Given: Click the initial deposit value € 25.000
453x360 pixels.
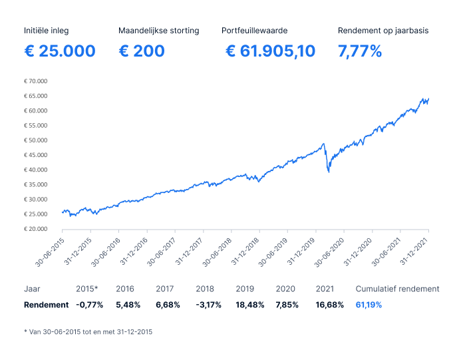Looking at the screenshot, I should (59, 51).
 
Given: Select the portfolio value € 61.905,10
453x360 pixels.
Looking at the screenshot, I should (270, 51).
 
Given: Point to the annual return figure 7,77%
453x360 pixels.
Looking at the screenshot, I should (360, 51).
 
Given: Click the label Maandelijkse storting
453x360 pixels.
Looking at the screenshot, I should (158, 31).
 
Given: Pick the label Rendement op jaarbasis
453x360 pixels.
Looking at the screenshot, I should (383, 31).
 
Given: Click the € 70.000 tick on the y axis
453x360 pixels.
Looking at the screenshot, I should (36, 81).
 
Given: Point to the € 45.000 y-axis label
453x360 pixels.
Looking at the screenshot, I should (36, 155).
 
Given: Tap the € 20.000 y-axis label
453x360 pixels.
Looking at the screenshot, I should (36, 229).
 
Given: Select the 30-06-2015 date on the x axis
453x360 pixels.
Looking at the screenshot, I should (51, 250).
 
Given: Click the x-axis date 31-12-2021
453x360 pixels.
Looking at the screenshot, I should (416, 250).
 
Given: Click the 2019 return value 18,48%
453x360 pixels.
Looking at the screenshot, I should (250, 305).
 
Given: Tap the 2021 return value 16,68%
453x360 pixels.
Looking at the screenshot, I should (330, 305).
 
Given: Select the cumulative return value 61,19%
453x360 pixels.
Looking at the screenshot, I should (369, 305).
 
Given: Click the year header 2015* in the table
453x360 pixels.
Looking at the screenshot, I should (87, 289).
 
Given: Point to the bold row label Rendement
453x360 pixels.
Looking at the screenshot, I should (46, 305).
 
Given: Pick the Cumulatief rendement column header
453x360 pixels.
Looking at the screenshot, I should (397, 289).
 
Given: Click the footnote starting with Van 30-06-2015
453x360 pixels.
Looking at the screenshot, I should (88, 331).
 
